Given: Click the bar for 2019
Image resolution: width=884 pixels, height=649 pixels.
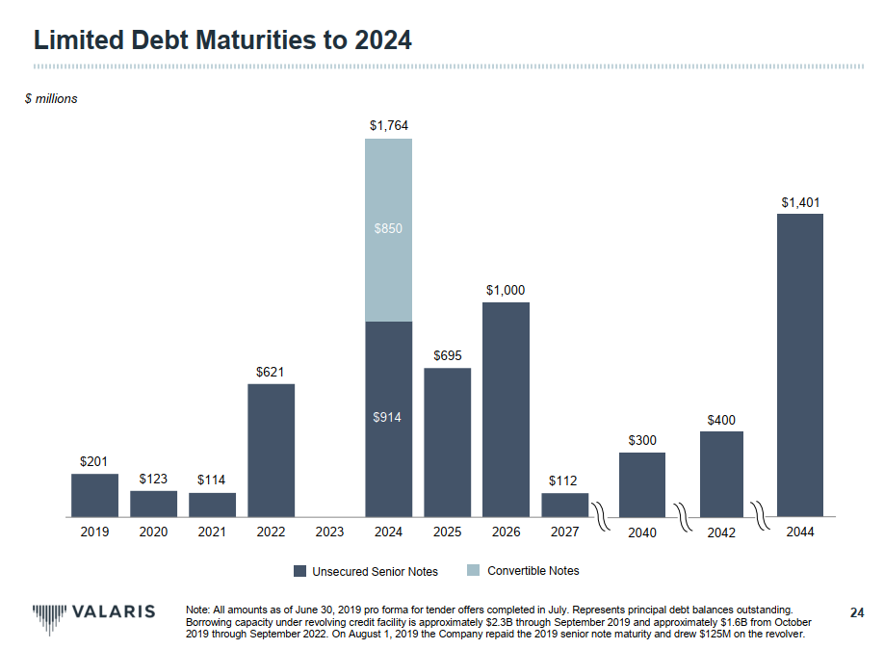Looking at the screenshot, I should [x=94, y=495].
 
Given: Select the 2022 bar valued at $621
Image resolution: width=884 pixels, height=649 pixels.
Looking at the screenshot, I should [x=271, y=450].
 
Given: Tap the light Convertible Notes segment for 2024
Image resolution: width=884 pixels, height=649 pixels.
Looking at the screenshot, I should [x=388, y=229].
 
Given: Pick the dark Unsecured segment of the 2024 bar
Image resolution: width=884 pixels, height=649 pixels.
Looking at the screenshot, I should [x=388, y=419].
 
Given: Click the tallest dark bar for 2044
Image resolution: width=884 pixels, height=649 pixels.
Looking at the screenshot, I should [x=799, y=365].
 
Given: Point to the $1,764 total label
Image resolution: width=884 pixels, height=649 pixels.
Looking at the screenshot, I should [x=388, y=125].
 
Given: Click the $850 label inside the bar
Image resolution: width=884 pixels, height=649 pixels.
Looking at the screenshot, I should [x=388, y=229].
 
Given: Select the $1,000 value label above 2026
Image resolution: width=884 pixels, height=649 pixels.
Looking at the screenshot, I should [x=506, y=290].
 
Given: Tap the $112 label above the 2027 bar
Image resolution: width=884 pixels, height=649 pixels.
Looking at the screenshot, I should [x=564, y=480].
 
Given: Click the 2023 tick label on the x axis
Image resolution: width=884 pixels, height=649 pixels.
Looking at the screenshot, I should [x=329, y=532].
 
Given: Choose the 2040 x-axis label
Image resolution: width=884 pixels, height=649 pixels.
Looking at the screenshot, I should [x=641, y=532].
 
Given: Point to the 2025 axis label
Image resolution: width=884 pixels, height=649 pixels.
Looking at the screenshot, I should [x=447, y=532].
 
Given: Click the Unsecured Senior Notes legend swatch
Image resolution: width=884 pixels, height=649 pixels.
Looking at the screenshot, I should [x=299, y=571].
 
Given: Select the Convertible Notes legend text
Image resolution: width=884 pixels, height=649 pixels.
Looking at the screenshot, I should [x=533, y=571].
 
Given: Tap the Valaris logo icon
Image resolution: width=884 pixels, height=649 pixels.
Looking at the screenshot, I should [x=49, y=613].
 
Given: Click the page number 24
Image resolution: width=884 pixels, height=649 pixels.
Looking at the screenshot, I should [x=857, y=611].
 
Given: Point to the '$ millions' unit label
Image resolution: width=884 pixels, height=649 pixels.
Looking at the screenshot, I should [x=51, y=98].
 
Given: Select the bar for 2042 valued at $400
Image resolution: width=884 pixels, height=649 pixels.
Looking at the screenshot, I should [x=721, y=474].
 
